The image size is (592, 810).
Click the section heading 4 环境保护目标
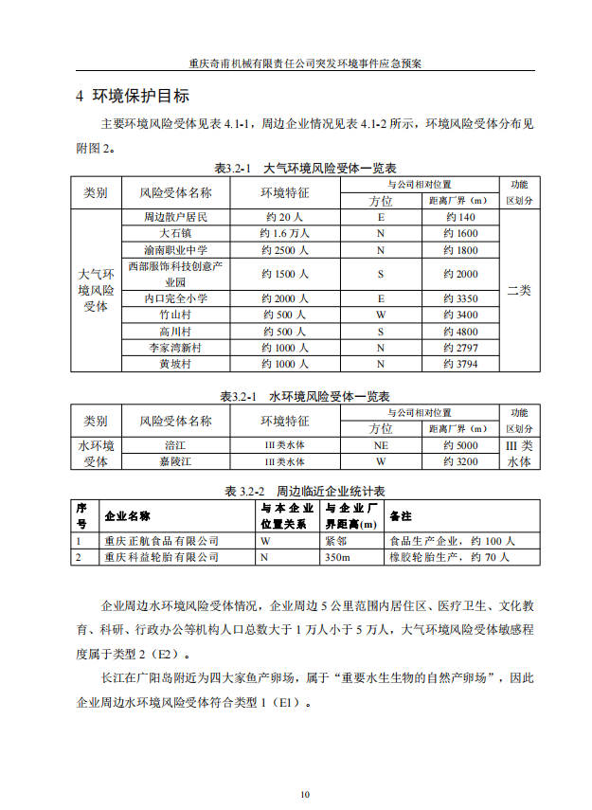[133, 97]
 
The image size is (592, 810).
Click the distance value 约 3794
[460, 363]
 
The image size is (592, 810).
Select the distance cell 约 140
[460, 217]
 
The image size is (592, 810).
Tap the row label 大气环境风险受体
[96, 290]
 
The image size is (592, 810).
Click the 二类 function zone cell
[519, 290]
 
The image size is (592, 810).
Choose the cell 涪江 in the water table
[175, 445]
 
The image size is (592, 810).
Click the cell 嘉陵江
[175, 461]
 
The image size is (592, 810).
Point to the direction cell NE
[380, 445]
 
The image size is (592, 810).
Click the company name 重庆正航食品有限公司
[161, 541]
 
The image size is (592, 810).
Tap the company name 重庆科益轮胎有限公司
[161, 557]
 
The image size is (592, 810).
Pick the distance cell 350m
[337, 557]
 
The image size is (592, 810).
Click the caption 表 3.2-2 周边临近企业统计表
[304, 492]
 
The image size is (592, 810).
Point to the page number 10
[304, 794]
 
